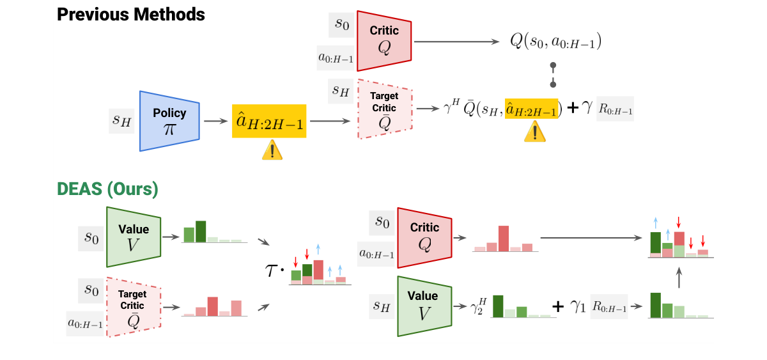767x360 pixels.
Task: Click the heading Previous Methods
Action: tap(131, 14)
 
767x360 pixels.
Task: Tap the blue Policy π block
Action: tap(169, 120)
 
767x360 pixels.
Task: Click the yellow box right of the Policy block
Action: tap(269, 120)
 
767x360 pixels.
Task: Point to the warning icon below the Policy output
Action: tap(272, 150)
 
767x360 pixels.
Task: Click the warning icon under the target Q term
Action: tap(534, 132)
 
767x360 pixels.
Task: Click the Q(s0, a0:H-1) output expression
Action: tap(555, 42)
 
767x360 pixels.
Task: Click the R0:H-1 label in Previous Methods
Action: tap(615, 109)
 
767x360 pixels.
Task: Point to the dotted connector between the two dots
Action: tap(553, 75)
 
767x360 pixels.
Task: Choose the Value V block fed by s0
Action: tap(134, 237)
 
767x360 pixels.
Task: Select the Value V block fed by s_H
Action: tap(423, 306)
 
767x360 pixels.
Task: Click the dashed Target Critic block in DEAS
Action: tap(133, 307)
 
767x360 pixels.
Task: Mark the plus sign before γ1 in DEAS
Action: tap(557, 307)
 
